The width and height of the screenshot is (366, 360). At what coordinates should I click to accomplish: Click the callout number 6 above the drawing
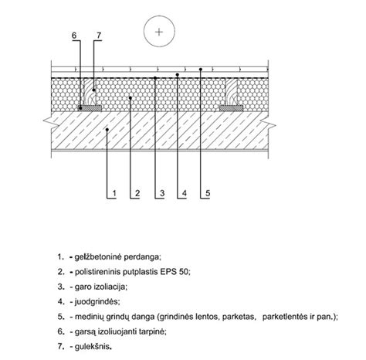click(74, 36)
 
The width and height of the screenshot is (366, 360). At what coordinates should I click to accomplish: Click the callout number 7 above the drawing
click(99, 36)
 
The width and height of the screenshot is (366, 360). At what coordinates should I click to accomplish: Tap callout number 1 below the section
click(114, 193)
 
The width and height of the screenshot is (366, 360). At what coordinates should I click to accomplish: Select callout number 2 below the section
click(137, 193)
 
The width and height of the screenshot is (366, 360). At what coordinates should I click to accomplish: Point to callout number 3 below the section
click(162, 193)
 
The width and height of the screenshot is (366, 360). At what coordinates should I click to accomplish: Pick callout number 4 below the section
click(184, 193)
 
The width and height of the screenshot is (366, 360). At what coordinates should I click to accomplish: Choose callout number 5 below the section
click(208, 193)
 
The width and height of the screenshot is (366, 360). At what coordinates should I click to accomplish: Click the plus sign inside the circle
click(159, 32)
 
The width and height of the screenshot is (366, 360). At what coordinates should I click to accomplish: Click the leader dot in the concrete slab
click(107, 129)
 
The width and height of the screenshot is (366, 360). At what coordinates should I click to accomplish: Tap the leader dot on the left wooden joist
click(94, 90)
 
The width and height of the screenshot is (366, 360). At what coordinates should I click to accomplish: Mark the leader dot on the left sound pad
click(80, 108)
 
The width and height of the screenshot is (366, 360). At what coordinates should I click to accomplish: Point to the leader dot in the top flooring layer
click(201, 69)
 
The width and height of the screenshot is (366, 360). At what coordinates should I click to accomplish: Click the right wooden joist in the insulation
click(232, 92)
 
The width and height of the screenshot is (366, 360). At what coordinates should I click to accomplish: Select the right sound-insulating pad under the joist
click(231, 108)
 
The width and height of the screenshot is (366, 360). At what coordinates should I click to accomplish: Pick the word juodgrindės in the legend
click(97, 301)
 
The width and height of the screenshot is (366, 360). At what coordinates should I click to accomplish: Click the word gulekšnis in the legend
click(93, 346)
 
